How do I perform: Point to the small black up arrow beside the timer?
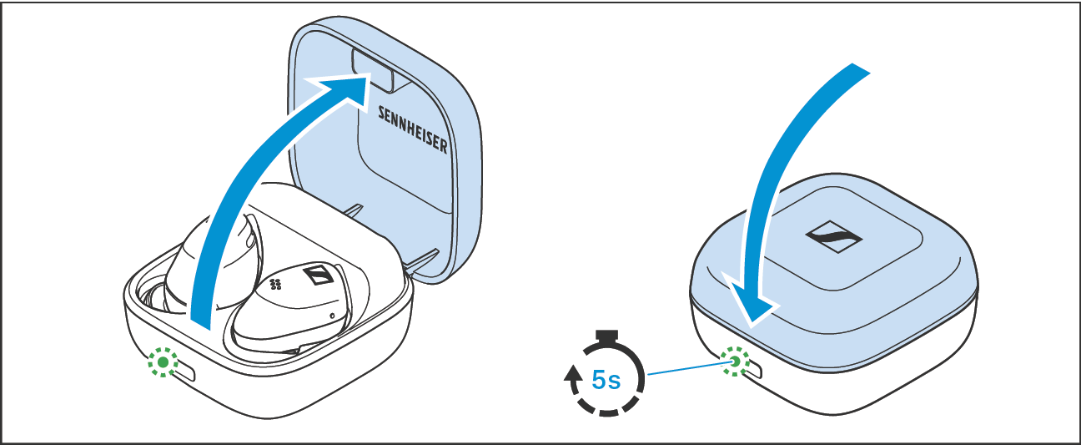(573, 381)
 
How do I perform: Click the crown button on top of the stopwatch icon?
(606, 336)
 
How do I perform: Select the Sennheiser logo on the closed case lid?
(832, 238)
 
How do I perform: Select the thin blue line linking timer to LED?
(684, 368)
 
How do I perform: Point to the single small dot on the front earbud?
(332, 316)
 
